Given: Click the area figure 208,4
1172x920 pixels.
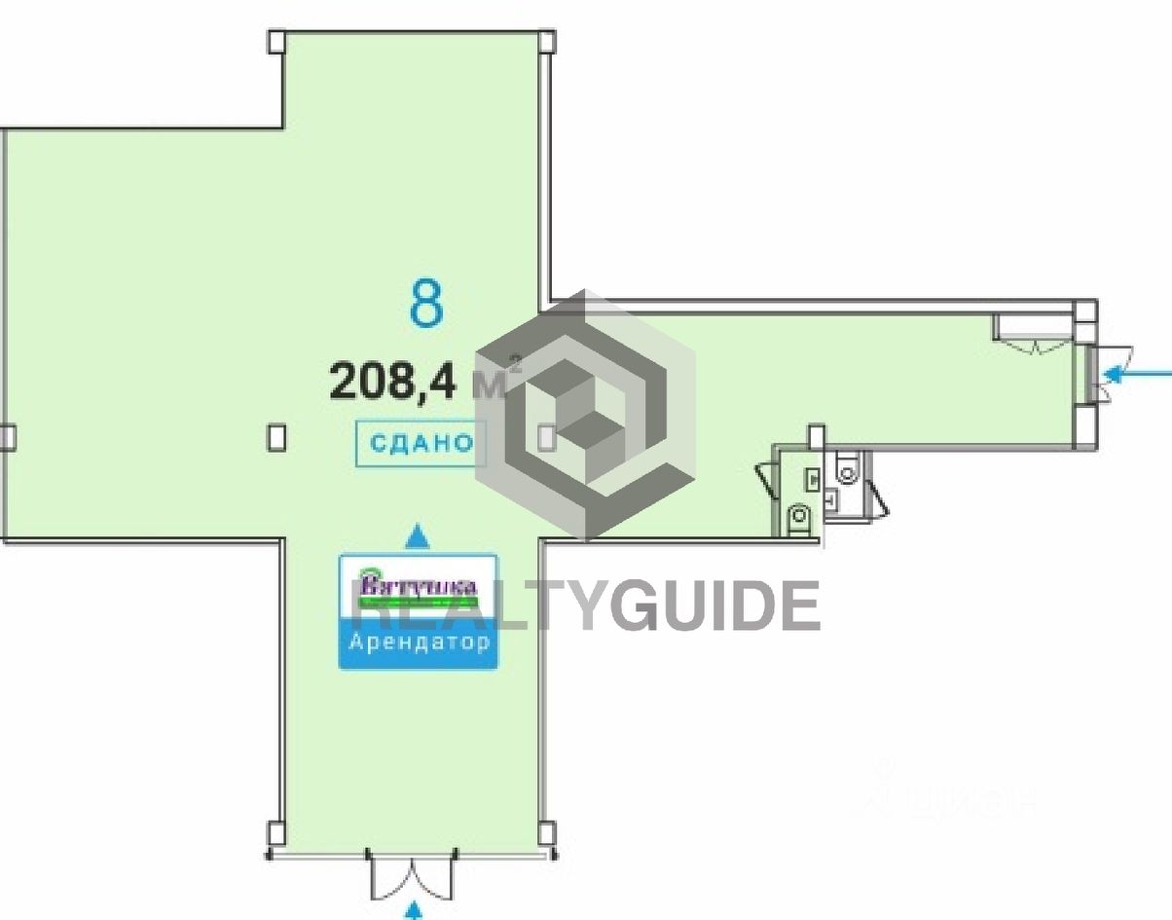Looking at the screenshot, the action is (393, 381).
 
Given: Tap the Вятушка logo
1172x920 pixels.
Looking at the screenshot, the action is (419, 586).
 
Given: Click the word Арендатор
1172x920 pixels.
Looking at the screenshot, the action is (419, 644).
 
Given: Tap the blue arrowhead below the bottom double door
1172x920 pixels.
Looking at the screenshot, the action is (416, 911).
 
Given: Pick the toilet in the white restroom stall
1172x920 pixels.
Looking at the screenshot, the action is (848, 474).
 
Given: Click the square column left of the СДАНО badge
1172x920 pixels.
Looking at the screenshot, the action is (277, 437).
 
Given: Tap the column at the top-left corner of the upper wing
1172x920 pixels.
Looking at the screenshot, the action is (276, 42).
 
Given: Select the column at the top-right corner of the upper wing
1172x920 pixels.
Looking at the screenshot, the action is (547, 42).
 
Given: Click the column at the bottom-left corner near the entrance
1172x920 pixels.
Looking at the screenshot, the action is (275, 833).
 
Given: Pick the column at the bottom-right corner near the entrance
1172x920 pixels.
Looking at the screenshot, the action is (547, 833).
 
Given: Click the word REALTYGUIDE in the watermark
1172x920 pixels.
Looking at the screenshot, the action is (584, 606).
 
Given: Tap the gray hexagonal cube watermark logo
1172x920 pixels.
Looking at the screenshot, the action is (585, 414).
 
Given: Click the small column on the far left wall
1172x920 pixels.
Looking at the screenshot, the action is (7, 438).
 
